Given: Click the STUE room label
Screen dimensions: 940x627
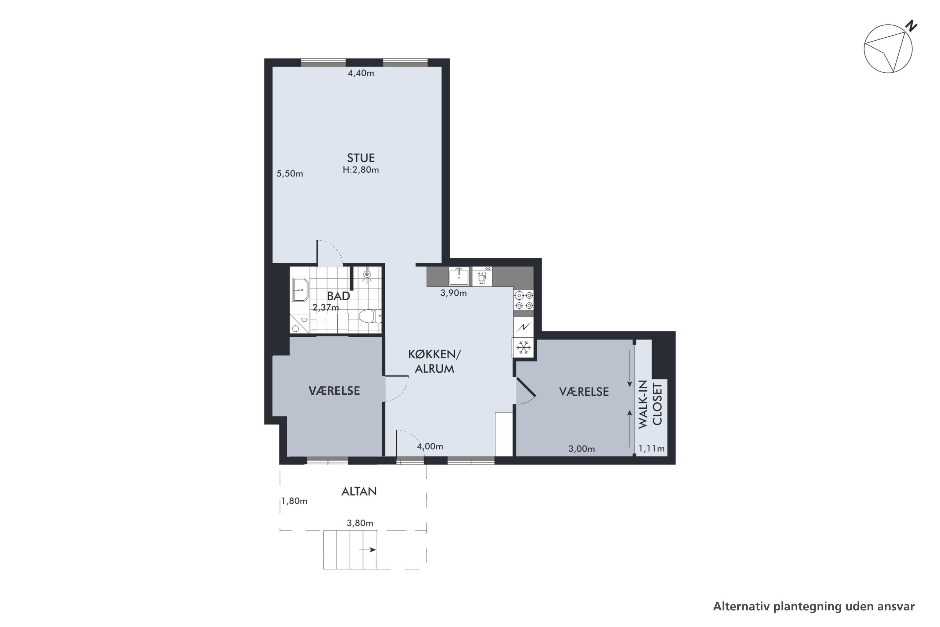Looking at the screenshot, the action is pyautogui.click(x=361, y=158).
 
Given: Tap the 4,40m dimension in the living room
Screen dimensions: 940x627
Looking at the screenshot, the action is pyautogui.click(x=361, y=73).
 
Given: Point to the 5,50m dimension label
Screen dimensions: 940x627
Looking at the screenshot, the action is pyautogui.click(x=290, y=174).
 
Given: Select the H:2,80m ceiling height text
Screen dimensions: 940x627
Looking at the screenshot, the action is pyautogui.click(x=361, y=170).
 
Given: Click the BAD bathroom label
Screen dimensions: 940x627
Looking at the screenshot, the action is pyautogui.click(x=338, y=296).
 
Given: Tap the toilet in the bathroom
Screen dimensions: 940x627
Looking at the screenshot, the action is pyautogui.click(x=370, y=316).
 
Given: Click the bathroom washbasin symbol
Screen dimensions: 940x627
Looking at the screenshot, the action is pyautogui.click(x=300, y=289).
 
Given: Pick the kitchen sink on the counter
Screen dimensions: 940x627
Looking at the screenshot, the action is pyautogui.click(x=458, y=276).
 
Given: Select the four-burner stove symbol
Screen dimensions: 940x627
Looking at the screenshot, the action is pyautogui.click(x=524, y=300).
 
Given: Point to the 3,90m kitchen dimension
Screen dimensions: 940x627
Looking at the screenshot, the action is pyautogui.click(x=454, y=293).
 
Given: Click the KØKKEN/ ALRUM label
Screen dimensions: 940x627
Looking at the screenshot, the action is pyautogui.click(x=434, y=361).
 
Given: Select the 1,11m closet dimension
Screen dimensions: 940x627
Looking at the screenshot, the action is pyautogui.click(x=651, y=449).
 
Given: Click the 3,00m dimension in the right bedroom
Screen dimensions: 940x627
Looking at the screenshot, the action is pyautogui.click(x=582, y=449).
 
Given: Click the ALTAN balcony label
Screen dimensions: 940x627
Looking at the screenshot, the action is pyautogui.click(x=359, y=492).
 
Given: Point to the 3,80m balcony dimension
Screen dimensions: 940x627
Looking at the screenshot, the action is pyautogui.click(x=360, y=523).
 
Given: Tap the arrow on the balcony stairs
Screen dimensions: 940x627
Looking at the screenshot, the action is pyautogui.click(x=368, y=550).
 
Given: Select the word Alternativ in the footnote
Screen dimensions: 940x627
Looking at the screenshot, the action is pyautogui.click(x=742, y=607).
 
